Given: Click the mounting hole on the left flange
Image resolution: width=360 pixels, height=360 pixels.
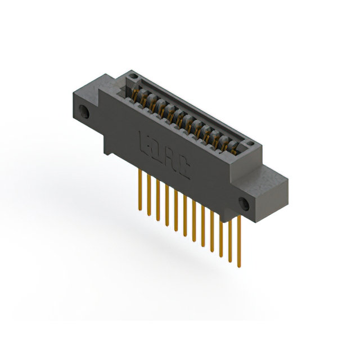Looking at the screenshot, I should [x=85, y=111].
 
